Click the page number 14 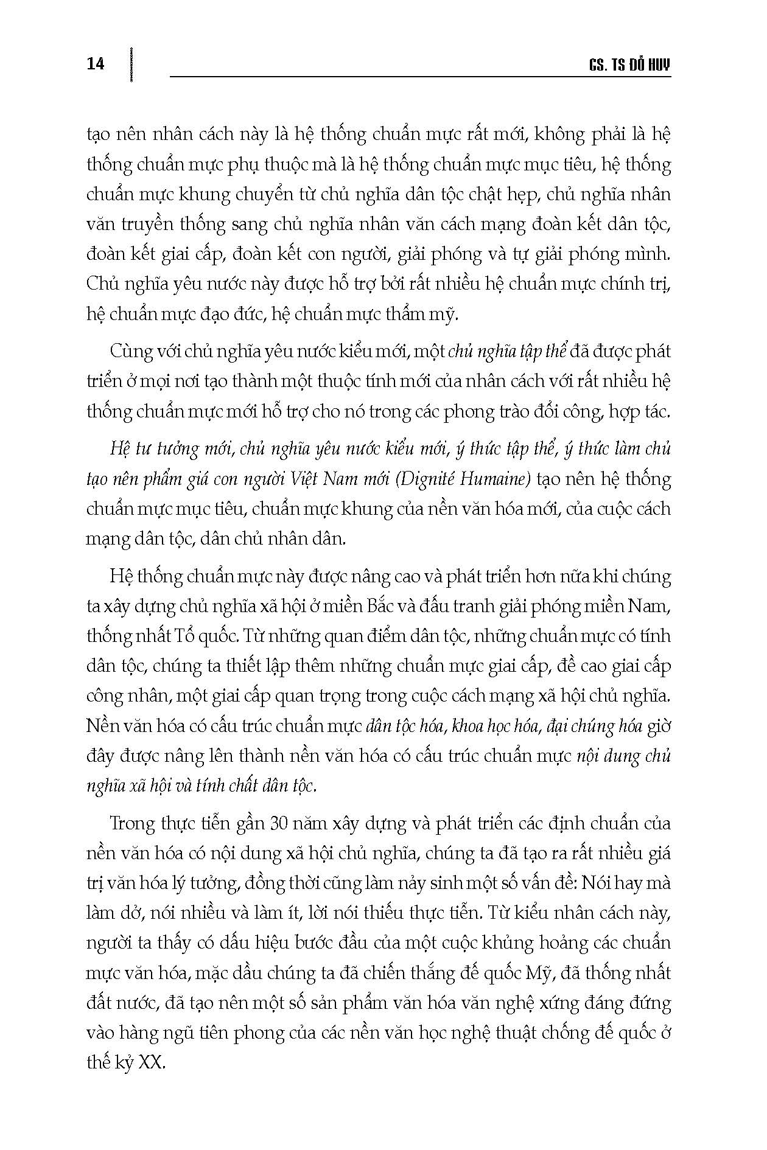96,63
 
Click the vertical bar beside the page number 130,63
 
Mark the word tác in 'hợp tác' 656,412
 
